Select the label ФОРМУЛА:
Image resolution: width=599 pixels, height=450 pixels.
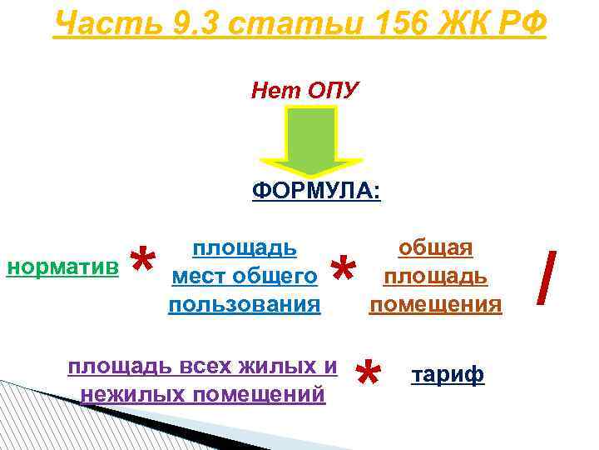(316, 192)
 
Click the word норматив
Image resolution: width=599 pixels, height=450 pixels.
(61, 266)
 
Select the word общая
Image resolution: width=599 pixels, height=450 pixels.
(436, 247)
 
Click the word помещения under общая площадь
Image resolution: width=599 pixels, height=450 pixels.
(436, 304)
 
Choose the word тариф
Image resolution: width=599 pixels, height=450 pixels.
(448, 377)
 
